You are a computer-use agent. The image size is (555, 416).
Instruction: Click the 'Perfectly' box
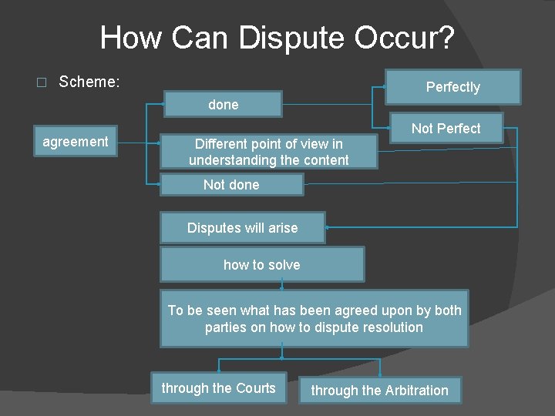pos(452,87)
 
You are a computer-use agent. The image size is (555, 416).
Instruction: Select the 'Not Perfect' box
pos(446,128)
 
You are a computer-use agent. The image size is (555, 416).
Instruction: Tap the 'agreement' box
pos(76,142)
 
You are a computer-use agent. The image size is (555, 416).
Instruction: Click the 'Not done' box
pos(231,185)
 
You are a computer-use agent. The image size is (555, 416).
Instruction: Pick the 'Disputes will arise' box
pos(242,228)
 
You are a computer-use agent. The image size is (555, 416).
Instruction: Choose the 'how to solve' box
pos(261,265)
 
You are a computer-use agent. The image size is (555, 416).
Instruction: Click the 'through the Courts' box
pos(218,388)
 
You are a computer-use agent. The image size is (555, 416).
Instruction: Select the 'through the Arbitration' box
pos(379,391)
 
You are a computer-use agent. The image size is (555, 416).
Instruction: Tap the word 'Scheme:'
pos(89,82)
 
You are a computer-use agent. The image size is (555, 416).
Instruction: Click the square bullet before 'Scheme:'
pos(42,82)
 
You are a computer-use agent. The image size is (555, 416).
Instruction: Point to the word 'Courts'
pos(255,388)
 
